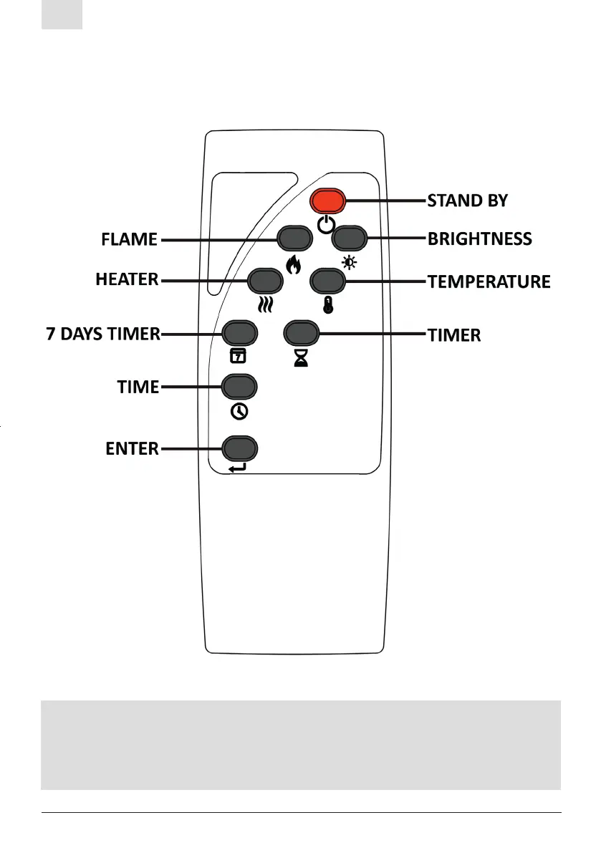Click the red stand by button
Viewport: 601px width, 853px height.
tap(328, 201)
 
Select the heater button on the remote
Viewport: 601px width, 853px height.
tap(264, 280)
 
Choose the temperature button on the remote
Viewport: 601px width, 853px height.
tap(327, 280)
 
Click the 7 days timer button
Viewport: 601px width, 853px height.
tap(239, 333)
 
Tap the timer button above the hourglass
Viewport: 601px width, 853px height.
tap(301, 333)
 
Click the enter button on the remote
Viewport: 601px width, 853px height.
tap(239, 449)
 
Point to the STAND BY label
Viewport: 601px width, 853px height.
tap(468, 201)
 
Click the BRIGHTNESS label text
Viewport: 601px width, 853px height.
tap(480, 239)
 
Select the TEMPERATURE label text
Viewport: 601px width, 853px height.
tap(489, 281)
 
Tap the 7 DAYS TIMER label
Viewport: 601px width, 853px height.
tap(103, 334)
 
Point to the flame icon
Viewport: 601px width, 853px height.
tap(292, 266)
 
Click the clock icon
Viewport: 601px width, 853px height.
tap(239, 412)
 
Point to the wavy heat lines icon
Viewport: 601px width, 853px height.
tap(264, 306)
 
